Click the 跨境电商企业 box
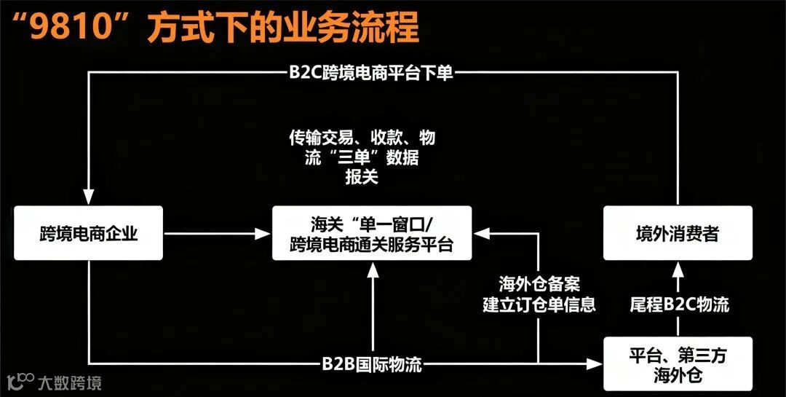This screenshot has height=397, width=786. pyautogui.click(x=89, y=233)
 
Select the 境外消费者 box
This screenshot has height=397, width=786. pyautogui.click(x=678, y=233)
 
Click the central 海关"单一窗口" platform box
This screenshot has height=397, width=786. pyautogui.click(x=372, y=233)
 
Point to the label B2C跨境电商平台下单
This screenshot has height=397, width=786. pyautogui.click(x=370, y=72)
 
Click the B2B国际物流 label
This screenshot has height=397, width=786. pyautogui.click(x=372, y=364)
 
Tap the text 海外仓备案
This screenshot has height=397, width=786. pyautogui.click(x=539, y=283)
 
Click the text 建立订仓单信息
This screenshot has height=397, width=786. pyautogui.click(x=539, y=304)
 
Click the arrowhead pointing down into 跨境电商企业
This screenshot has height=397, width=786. pyautogui.click(x=89, y=198)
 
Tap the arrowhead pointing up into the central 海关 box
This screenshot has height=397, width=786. pyautogui.click(x=373, y=270)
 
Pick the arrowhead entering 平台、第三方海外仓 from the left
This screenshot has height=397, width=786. pyautogui.click(x=595, y=363)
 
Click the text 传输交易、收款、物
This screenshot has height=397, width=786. pyautogui.click(x=362, y=138)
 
